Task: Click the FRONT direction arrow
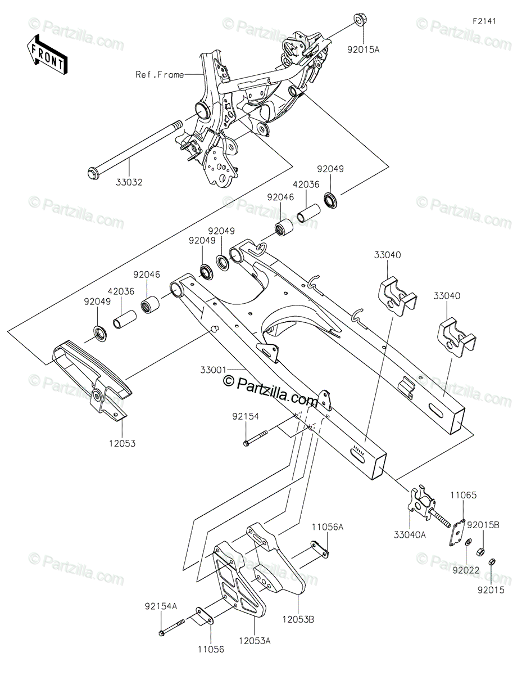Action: pyautogui.click(x=47, y=55)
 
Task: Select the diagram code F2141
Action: pyautogui.click(x=484, y=21)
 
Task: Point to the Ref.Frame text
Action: pyautogui.click(x=160, y=75)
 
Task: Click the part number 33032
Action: pyautogui.click(x=129, y=182)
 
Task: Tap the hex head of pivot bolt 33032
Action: pyautogui.click(x=92, y=173)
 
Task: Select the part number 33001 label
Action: pyautogui.click(x=214, y=370)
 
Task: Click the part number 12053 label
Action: pyautogui.click(x=122, y=444)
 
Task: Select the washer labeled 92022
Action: pyautogui.click(x=469, y=542)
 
